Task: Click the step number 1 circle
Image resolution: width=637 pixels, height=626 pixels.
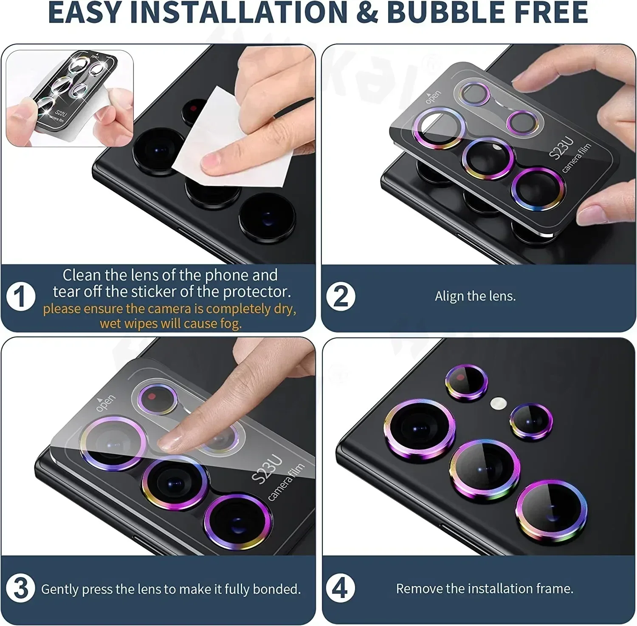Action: point(20,297)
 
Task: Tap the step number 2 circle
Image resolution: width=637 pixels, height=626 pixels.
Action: point(341,296)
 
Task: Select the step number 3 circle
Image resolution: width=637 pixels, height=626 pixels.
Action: point(20,588)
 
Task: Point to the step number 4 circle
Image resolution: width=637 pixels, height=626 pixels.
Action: point(340,588)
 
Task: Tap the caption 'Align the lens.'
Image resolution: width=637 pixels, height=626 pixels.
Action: point(475,296)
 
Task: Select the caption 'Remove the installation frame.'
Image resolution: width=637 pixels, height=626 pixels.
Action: point(485,589)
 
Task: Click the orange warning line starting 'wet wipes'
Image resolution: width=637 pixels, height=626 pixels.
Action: point(171,324)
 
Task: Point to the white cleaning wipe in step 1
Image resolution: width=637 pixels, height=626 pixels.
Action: point(229,140)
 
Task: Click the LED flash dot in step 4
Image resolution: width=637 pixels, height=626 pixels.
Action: point(498,403)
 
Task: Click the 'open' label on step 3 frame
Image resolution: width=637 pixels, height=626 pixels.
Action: point(105,402)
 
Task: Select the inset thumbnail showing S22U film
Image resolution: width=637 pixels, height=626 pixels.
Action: point(70,98)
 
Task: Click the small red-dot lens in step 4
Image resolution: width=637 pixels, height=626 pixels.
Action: point(466,382)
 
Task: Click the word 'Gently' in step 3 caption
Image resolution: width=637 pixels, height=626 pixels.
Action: point(60,589)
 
